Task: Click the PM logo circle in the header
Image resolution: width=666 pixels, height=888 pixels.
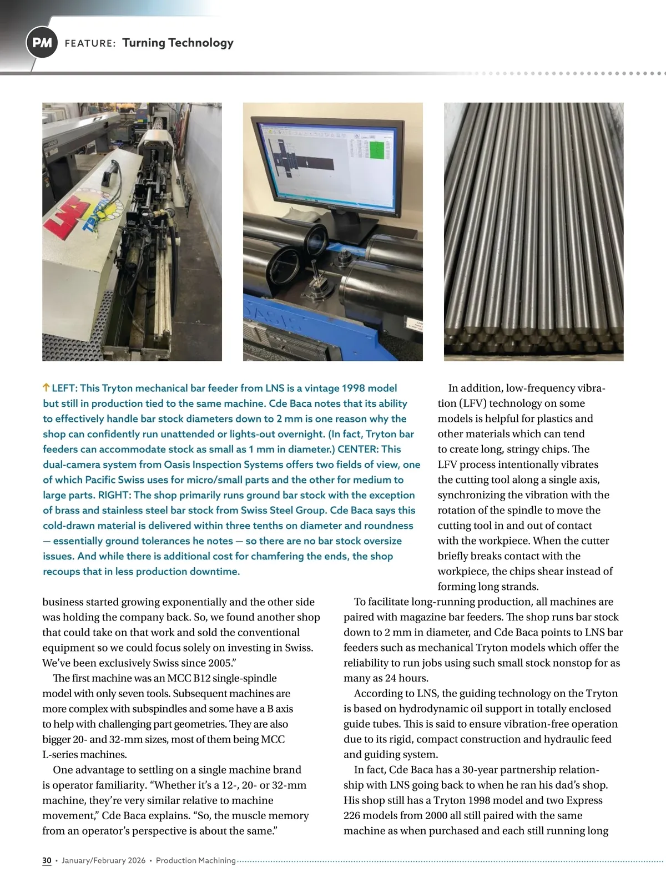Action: [42, 43]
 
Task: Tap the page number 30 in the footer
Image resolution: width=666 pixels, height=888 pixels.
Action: [47, 860]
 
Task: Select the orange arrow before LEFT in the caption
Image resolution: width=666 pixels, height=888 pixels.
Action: [46, 388]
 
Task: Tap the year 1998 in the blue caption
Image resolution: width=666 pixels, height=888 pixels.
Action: [354, 388]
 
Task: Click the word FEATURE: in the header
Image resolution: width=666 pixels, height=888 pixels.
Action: [90, 43]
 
